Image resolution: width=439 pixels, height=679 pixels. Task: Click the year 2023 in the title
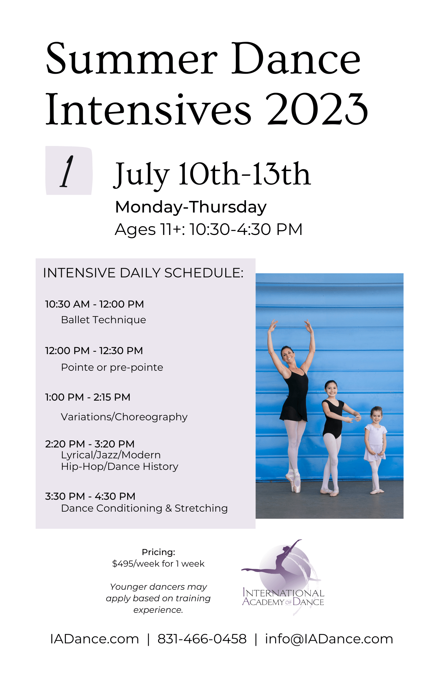[318, 109]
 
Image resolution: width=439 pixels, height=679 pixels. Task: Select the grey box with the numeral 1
[69, 171]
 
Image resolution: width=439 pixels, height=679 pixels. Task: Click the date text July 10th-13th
[212, 174]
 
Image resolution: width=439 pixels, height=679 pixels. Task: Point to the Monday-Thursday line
[191, 207]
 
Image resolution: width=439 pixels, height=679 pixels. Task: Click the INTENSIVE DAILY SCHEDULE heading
[143, 273]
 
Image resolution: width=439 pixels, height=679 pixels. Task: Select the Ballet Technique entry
[103, 320]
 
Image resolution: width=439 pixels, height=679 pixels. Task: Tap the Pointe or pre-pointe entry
[112, 367]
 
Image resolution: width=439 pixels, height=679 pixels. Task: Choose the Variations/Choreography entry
[124, 417]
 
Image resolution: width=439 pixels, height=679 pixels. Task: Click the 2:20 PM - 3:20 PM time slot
[90, 444]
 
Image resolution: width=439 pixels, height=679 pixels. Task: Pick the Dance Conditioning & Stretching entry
[144, 508]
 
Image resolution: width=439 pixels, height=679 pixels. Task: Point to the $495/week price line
[158, 564]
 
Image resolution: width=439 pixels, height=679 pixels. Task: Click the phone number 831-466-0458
[202, 639]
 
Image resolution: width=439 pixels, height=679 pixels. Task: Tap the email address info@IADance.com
[329, 639]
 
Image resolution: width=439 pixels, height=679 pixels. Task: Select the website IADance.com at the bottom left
[94, 639]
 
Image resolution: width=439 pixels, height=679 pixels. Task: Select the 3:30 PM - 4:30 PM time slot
[90, 496]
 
